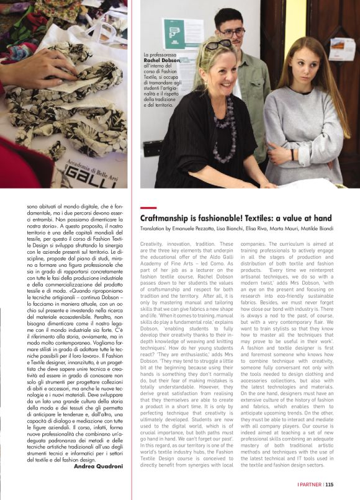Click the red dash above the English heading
click(148, 208)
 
